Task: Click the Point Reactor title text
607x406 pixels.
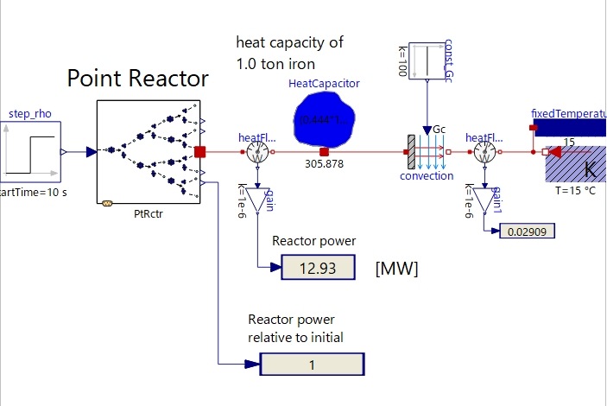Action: pyautogui.click(x=137, y=79)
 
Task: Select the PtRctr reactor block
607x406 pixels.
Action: pyautogui.click(x=148, y=152)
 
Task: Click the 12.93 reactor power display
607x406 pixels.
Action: pyautogui.click(x=318, y=269)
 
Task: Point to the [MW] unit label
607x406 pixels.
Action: pyautogui.click(x=397, y=270)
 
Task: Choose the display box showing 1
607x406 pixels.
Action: pyautogui.click(x=311, y=365)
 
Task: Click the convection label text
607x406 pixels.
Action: pyautogui.click(x=427, y=176)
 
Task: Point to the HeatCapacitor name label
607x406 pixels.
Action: pyautogui.click(x=324, y=83)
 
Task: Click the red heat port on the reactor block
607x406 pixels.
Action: pyautogui.click(x=199, y=152)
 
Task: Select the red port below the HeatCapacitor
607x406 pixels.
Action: pyautogui.click(x=324, y=152)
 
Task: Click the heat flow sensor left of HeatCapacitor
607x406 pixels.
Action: pyautogui.click(x=256, y=153)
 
